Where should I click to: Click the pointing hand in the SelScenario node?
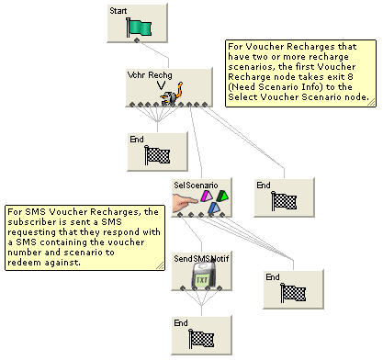coord(188,200)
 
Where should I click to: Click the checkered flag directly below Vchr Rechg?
coord(159,155)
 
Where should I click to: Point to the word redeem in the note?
coord(26,263)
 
